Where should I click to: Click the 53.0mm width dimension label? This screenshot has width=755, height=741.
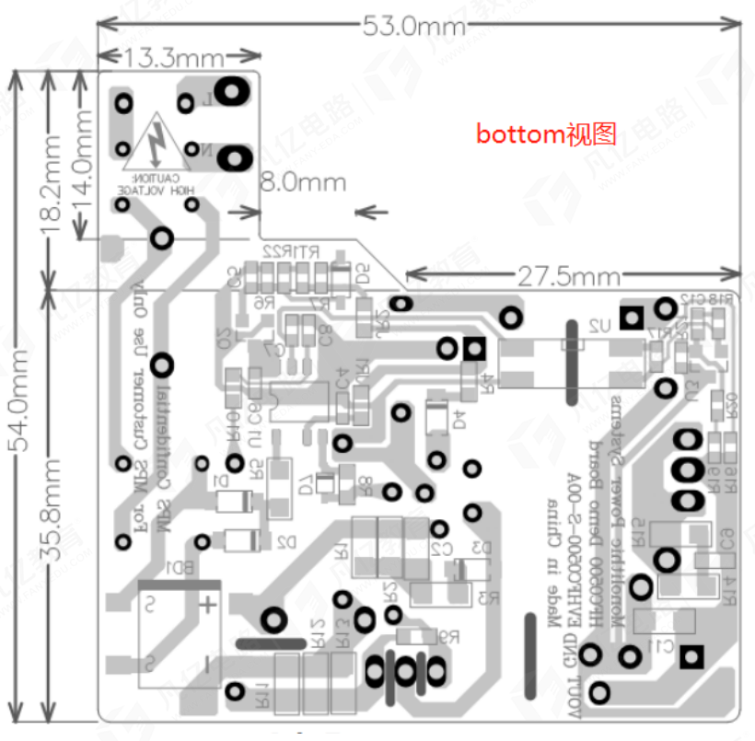[x=414, y=25]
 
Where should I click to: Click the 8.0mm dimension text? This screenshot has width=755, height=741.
[x=304, y=181]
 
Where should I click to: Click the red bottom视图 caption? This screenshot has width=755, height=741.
[x=546, y=134]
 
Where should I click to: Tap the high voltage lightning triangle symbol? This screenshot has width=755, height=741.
[x=159, y=143]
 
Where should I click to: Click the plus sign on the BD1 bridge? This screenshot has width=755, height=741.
[x=209, y=605]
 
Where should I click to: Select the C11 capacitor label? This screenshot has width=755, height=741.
[x=660, y=645]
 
